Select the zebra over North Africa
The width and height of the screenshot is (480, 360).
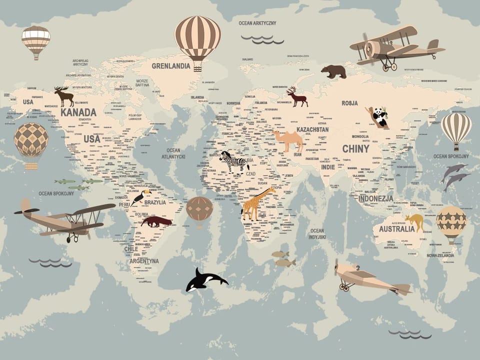[x=235, y=162]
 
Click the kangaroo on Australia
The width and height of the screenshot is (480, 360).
[x=415, y=221]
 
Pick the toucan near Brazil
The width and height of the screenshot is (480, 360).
[x=141, y=195]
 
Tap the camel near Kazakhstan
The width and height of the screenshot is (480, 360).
[x=288, y=139]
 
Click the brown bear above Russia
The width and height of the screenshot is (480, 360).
[x=334, y=71]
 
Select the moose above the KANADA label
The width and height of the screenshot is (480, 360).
[x=64, y=95]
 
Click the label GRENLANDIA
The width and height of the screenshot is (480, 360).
[x=171, y=65]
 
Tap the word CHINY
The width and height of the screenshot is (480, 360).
[x=355, y=148]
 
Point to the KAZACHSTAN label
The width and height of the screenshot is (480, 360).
[x=312, y=129]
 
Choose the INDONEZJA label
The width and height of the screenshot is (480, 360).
[x=375, y=198]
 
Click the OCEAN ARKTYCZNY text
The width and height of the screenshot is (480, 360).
[x=257, y=23]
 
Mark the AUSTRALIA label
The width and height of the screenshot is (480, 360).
[x=396, y=229]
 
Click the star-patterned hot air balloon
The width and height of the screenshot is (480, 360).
[x=451, y=221]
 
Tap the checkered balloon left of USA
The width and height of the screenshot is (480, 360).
[x=31, y=140]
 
